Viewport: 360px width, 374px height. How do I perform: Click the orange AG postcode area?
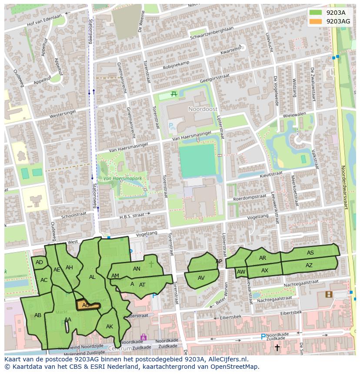coord(87,305)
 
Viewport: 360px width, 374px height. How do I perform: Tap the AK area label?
coord(110,327)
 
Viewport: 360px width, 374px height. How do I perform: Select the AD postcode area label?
coord(40,262)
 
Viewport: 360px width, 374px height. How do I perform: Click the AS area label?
coord(310,253)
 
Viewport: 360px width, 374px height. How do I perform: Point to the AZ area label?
coord(309,265)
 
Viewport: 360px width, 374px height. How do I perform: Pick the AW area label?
coord(241,272)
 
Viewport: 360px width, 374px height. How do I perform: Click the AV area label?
coord(201,278)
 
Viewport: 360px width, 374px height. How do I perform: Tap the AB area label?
coord(38,315)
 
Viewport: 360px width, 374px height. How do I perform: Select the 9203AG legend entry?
coord(338,21)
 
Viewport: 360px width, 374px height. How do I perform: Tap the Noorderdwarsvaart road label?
coord(344,187)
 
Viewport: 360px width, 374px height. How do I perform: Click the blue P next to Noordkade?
coord(263,337)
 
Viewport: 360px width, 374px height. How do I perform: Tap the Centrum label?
coord(120,349)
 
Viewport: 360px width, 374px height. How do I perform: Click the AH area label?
coord(69,268)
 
